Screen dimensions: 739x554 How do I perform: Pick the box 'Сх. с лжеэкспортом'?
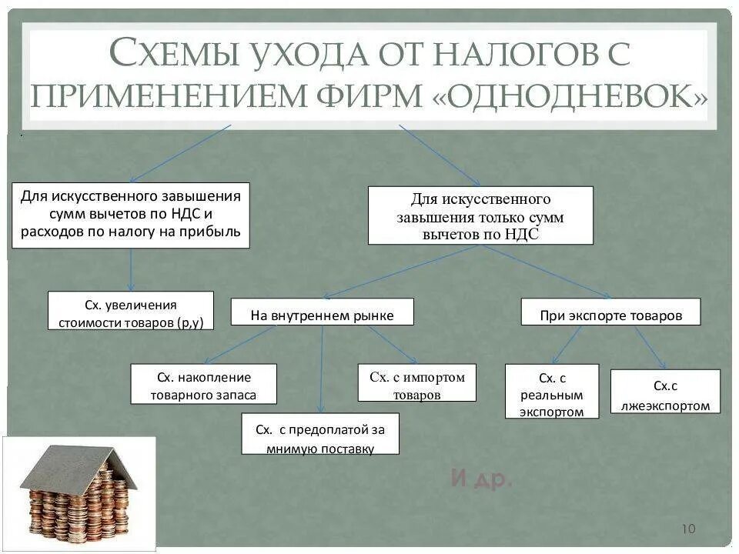665,395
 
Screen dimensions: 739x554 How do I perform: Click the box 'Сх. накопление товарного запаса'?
203,384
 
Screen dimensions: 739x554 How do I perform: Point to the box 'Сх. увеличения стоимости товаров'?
131,311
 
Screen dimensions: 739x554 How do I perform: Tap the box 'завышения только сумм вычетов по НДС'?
480,215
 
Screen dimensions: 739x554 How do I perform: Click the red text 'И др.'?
481,479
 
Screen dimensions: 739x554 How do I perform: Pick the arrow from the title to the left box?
181,153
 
